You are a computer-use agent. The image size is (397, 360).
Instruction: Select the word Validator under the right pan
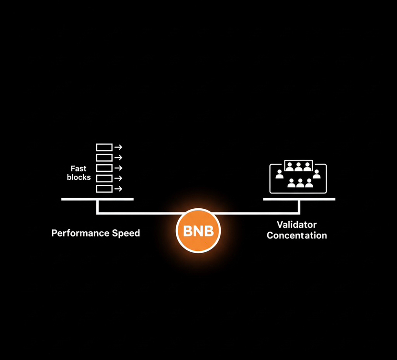tap(297, 225)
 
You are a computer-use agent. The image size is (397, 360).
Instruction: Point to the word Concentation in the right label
tap(297, 235)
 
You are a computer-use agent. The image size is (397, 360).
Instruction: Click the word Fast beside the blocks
tap(79, 169)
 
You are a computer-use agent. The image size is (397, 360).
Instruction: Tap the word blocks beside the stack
tap(79, 177)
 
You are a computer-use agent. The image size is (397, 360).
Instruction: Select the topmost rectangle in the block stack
tap(104, 147)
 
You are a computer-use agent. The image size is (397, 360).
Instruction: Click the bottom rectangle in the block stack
tap(104, 189)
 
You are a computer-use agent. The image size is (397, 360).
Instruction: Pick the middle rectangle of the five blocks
tap(104, 168)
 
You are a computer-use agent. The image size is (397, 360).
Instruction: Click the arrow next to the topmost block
tap(118, 147)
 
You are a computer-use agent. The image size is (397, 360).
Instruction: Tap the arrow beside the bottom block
tap(118, 189)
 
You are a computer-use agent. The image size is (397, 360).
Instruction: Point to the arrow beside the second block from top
tap(118, 157)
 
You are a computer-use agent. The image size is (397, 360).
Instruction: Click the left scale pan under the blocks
tap(98, 199)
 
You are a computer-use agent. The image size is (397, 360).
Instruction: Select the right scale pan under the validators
tap(299, 199)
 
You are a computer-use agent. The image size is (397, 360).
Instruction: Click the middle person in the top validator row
tap(298, 167)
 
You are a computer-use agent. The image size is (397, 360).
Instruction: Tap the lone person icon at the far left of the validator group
tap(279, 174)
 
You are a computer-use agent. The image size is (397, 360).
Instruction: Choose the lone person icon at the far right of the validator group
tap(317, 174)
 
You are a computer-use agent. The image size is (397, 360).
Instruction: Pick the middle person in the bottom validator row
tap(300, 183)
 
